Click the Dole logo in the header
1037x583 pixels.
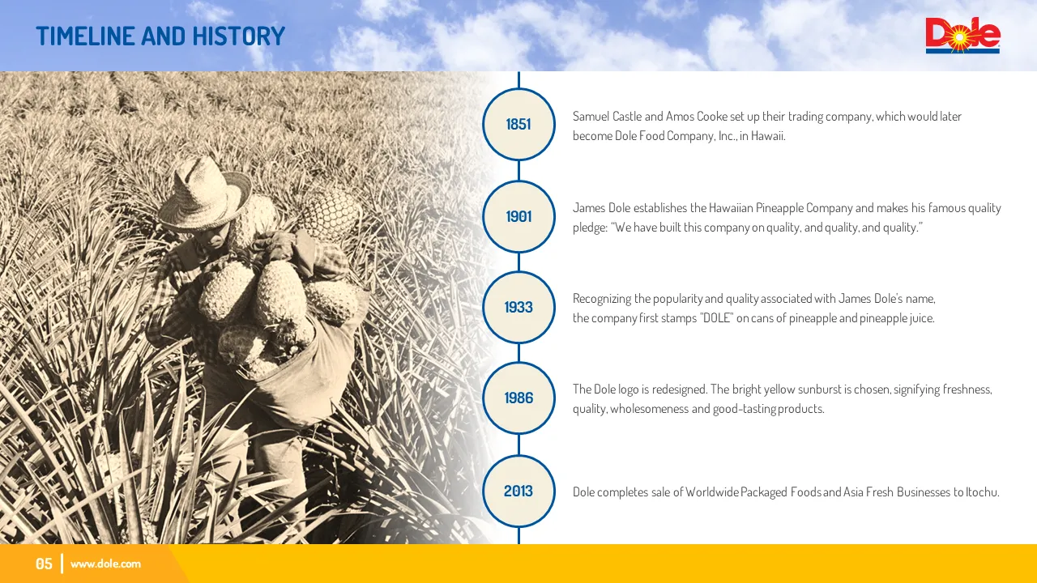click(963, 36)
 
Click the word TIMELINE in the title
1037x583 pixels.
click(86, 36)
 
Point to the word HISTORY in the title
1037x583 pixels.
click(238, 36)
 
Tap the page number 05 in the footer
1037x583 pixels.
click(44, 564)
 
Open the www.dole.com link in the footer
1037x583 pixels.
click(105, 564)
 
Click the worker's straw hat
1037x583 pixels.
click(204, 194)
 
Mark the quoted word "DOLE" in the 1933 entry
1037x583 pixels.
click(717, 318)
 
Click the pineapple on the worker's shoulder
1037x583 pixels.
click(330, 213)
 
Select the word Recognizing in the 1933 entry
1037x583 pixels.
click(602, 300)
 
